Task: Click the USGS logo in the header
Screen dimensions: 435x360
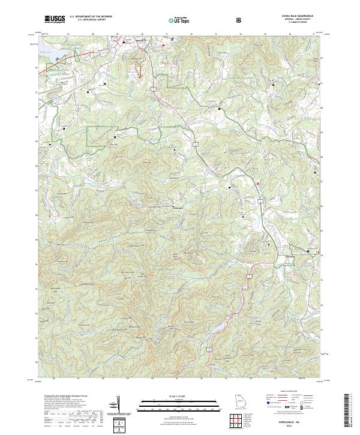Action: click(55, 19)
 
